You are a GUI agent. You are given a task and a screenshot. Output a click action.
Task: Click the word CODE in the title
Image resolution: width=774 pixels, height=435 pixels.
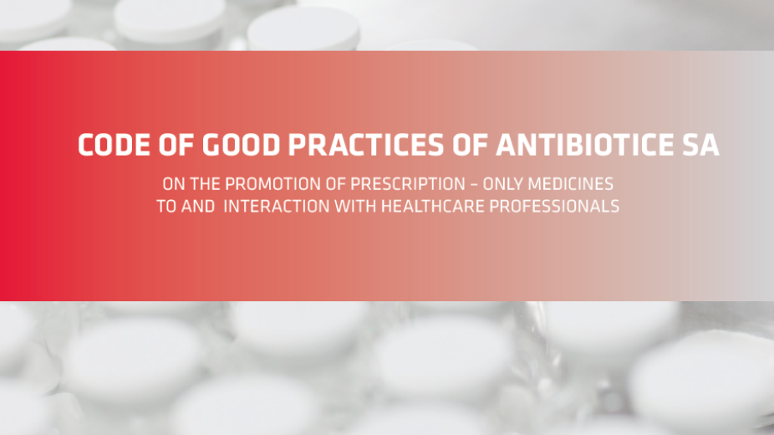(x=114, y=145)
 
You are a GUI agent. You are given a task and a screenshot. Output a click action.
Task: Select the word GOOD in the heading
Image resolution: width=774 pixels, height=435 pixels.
(x=241, y=145)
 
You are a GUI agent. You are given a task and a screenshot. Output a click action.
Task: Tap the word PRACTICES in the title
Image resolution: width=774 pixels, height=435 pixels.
(x=366, y=145)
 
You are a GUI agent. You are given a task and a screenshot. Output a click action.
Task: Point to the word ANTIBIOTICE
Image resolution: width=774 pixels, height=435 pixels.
(x=584, y=145)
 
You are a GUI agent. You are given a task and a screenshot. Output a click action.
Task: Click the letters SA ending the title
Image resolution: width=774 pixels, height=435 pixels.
(x=700, y=145)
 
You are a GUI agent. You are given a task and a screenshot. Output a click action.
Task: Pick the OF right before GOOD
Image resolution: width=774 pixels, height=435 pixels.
(x=176, y=145)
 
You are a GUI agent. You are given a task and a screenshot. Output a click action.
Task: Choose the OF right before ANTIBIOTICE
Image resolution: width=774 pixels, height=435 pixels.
(x=470, y=145)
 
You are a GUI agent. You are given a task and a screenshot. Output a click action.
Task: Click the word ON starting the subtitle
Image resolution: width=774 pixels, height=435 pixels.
(x=174, y=184)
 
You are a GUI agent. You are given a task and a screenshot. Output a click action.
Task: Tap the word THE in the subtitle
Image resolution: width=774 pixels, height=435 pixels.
(x=206, y=184)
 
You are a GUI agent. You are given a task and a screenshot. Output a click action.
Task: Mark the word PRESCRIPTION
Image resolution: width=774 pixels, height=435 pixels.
(x=408, y=184)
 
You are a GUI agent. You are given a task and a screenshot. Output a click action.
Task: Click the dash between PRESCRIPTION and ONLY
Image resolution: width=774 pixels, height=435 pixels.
(x=474, y=185)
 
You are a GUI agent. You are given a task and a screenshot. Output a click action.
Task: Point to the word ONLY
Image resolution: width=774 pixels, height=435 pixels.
(x=502, y=184)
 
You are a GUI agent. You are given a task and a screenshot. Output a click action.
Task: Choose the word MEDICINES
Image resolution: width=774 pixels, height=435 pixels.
(x=571, y=184)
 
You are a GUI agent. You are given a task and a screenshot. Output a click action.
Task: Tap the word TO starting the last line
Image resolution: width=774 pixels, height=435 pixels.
(x=166, y=206)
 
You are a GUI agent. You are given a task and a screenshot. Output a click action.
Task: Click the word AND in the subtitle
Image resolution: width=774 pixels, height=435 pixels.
(x=198, y=206)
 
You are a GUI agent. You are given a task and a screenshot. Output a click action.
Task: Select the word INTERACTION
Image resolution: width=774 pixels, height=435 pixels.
(x=277, y=206)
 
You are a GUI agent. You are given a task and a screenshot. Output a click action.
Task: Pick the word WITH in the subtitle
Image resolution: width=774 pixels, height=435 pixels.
(x=355, y=206)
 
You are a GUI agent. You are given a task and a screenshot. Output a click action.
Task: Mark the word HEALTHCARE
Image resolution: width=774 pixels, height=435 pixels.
(x=433, y=206)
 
